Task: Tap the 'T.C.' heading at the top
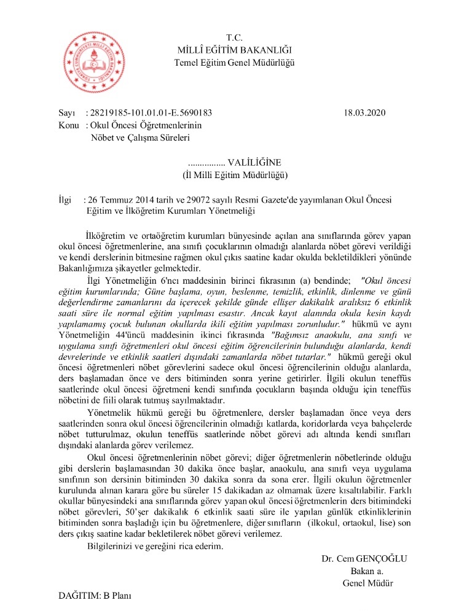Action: coord(235,38)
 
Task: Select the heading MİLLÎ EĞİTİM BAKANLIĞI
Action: coord(235,50)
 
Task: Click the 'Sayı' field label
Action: coord(66,113)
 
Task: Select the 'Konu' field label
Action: coord(68,125)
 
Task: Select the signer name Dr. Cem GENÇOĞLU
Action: coord(364,558)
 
